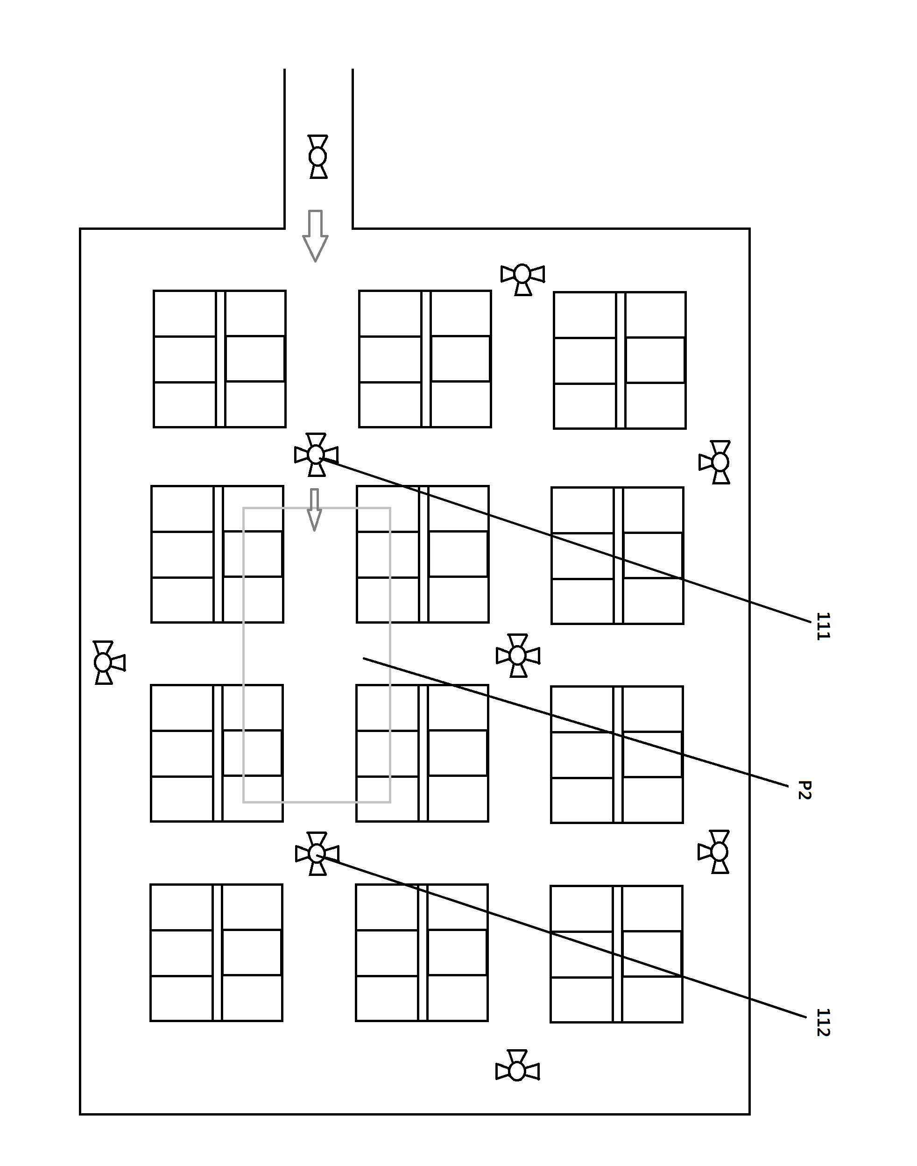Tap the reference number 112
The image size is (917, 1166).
tap(823, 1023)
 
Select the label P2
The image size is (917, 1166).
tap(804, 790)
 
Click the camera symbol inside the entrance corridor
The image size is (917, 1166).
tap(318, 156)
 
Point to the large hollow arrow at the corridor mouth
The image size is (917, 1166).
tap(315, 236)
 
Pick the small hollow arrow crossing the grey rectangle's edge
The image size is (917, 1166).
tap(315, 510)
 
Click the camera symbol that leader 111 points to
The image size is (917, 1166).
tap(316, 455)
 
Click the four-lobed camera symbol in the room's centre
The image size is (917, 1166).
tap(518, 655)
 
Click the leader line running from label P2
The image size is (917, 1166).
tap(576, 722)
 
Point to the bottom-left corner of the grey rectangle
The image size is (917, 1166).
tap(244, 802)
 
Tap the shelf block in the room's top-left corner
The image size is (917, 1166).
tap(219, 359)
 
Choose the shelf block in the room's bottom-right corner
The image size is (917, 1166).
tap(616, 954)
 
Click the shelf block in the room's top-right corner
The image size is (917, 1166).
tap(620, 360)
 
